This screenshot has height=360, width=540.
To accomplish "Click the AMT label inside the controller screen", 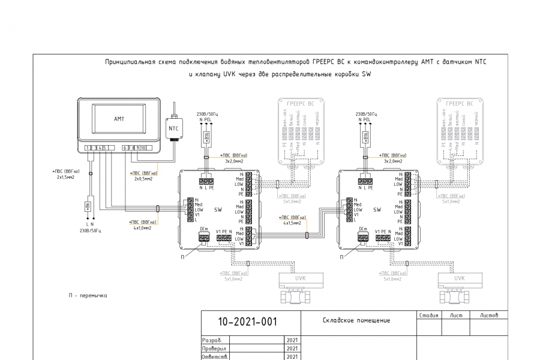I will click(119, 119).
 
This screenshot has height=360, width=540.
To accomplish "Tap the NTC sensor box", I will click(173, 128).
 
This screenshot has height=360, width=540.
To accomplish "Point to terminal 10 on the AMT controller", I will click(143, 148).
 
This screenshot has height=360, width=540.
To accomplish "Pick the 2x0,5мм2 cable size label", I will click(143, 179).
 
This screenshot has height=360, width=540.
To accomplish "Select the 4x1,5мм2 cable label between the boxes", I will click(293, 223).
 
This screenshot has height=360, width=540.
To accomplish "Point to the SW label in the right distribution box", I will click(377, 209).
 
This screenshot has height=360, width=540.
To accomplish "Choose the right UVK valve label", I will click(459, 278).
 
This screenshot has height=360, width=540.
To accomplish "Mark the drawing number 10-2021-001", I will click(247, 322).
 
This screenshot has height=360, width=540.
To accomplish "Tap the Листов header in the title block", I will click(488, 315).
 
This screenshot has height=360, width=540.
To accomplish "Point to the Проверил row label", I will click(214, 349).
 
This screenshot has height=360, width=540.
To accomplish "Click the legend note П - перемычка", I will click(92, 296).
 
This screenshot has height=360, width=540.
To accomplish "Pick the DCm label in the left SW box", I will click(205, 229).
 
